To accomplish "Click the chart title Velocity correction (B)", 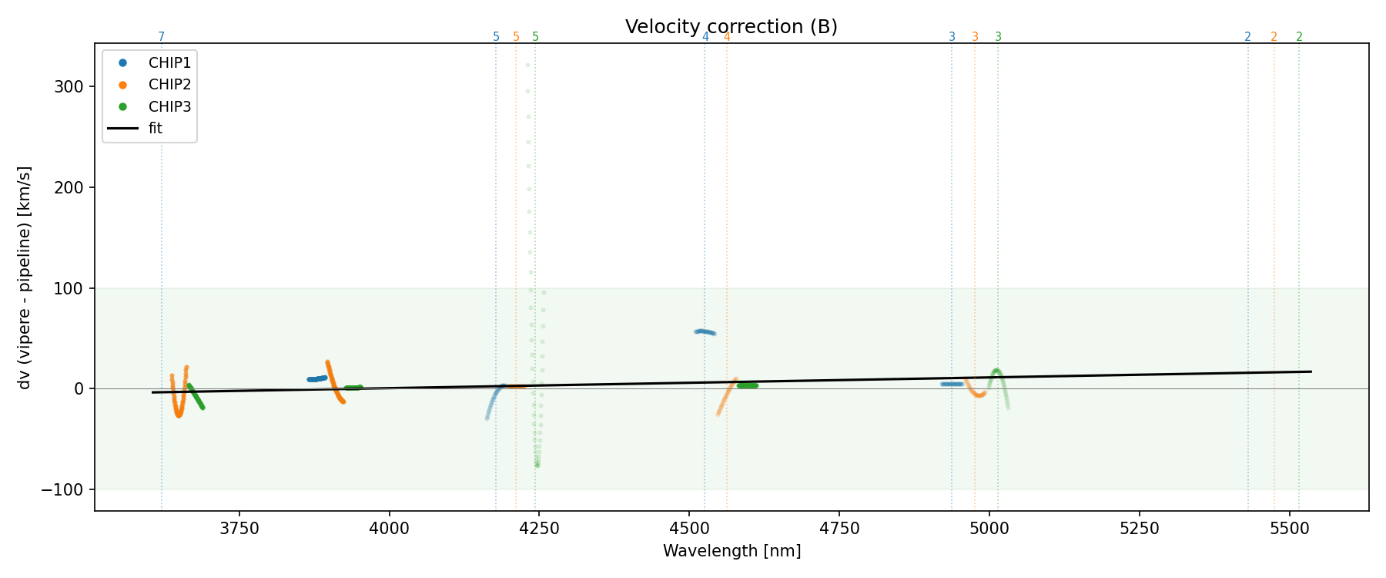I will tap(731, 27).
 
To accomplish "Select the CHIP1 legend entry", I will tap(169, 63).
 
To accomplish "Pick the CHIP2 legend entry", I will tap(169, 85).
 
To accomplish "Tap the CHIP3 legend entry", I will tap(169, 106).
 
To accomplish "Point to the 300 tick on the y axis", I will tap(69, 86).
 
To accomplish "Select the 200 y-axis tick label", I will tap(69, 187).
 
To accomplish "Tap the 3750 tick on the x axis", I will tap(239, 529).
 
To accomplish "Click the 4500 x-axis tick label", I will tap(689, 529).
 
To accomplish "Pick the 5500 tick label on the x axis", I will tap(1289, 529).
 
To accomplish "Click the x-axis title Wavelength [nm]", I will tap(731, 551).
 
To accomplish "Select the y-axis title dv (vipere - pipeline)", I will tap(25, 277).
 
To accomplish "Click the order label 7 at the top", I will tap(162, 37).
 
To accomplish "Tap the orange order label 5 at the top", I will tap(516, 37).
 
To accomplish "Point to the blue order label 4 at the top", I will tap(705, 37).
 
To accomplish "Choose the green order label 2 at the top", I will tap(1299, 37).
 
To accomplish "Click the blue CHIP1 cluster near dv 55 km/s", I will tap(705, 332).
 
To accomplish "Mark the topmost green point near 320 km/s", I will tap(527, 65).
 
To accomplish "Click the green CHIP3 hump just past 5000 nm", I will tap(996, 371).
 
